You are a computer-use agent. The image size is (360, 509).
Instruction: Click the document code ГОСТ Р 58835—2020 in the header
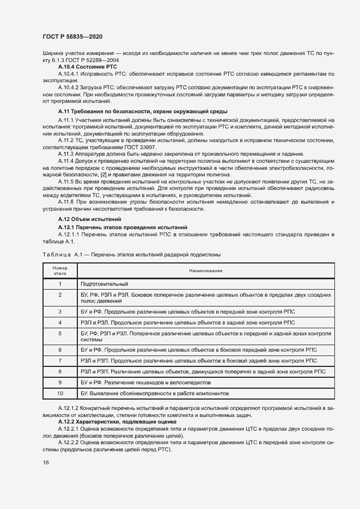pyautogui.click(x=72, y=36)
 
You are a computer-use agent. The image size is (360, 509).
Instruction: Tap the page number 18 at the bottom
pyautogui.click(x=46, y=462)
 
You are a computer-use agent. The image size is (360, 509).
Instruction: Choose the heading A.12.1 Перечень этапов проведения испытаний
pyautogui.click(x=123, y=226)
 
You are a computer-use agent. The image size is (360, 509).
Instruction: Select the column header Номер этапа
pyautogui.click(x=60, y=271)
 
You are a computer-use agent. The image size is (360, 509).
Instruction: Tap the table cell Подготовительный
pyautogui.click(x=104, y=284)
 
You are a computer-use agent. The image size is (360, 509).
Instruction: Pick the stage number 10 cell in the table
pyautogui.click(x=60, y=393)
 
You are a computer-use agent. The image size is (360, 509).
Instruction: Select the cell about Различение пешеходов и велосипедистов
pyautogui.click(x=144, y=382)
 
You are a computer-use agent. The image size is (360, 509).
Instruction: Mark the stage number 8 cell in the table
pyautogui.click(x=60, y=371)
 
